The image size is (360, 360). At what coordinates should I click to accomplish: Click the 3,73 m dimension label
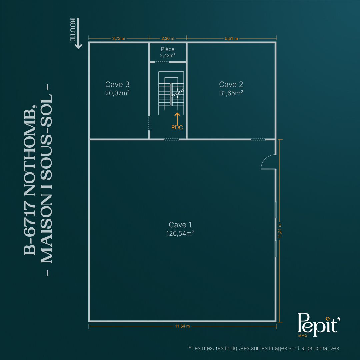[118, 38]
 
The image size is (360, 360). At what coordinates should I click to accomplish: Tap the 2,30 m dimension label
[168, 38]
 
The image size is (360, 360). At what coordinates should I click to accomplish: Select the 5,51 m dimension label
[231, 38]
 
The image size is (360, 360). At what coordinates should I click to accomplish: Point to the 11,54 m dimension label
[182, 326]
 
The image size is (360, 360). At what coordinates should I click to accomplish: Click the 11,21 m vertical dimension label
[280, 231]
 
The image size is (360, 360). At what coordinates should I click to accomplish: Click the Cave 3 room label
[117, 84]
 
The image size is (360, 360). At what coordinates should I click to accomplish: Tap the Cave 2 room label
[231, 84]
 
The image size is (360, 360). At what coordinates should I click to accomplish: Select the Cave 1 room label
[180, 225]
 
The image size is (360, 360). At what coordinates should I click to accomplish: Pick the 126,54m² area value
[180, 233]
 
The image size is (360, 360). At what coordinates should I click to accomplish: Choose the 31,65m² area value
[231, 93]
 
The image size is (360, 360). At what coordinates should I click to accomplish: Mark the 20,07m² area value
[117, 93]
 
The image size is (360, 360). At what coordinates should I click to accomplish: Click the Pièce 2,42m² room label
[168, 52]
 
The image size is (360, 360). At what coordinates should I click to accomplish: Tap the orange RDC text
[177, 127]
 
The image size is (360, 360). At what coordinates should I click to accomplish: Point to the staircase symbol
[171, 93]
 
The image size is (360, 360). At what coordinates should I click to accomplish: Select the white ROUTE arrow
[78, 33]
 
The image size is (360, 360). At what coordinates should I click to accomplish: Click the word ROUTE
[73, 30]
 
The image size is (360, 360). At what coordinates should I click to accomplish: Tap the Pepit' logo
[318, 325]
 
